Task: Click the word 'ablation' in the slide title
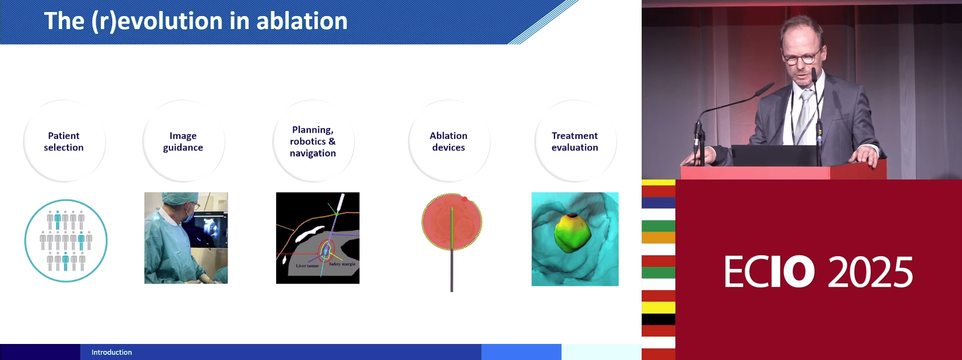[x=302, y=21]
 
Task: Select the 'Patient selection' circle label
[x=64, y=141]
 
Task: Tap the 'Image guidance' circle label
[x=183, y=141]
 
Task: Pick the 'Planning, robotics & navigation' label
[x=313, y=141]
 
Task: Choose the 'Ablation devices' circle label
[x=449, y=141]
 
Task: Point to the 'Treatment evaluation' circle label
[x=575, y=141]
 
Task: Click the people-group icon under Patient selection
[x=66, y=241]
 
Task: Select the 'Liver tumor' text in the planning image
[x=307, y=266]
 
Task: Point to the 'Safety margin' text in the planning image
[x=342, y=264]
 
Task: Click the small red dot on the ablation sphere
[x=464, y=200]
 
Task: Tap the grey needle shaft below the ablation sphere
[x=452, y=271]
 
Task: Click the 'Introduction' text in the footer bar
[x=112, y=352]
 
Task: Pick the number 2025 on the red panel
[x=870, y=272]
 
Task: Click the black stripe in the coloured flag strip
[x=658, y=319]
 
